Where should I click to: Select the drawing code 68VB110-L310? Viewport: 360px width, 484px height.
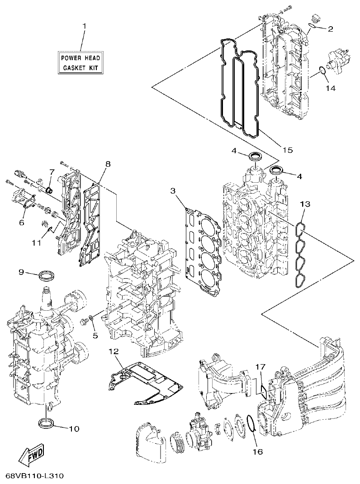[x=34, y=476]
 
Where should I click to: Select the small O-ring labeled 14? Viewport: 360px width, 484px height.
[x=322, y=70]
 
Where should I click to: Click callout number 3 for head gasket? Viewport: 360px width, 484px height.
[x=173, y=191]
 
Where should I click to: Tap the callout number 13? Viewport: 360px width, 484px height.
[x=306, y=204]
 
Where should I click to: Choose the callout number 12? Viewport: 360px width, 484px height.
[x=114, y=351]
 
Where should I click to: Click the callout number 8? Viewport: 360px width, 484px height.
[x=108, y=164]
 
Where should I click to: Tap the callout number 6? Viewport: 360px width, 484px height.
[x=21, y=223]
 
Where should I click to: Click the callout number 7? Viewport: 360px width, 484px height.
[x=52, y=172]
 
